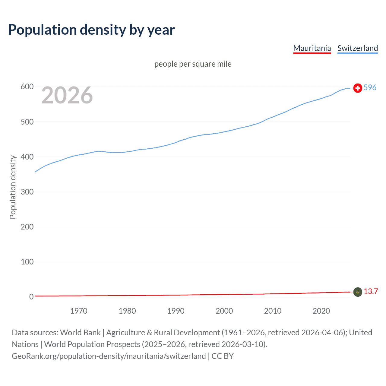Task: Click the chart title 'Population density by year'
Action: (x=91, y=30)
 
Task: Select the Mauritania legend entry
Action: (x=312, y=48)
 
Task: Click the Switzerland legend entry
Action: (x=357, y=48)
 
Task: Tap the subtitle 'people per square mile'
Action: (x=193, y=64)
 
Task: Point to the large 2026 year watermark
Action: (x=67, y=96)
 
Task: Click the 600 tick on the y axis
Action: (x=27, y=87)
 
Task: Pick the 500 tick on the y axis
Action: (x=27, y=122)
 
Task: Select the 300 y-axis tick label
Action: (x=27, y=192)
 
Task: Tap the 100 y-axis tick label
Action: (x=27, y=262)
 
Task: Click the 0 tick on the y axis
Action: (x=31, y=297)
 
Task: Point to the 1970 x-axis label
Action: (x=79, y=311)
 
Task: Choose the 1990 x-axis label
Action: (x=176, y=311)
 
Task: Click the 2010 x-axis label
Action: (x=273, y=311)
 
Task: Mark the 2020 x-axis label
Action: (x=321, y=311)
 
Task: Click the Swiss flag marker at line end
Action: (x=358, y=88)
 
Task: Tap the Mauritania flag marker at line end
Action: (x=358, y=292)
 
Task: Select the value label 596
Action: (x=370, y=87)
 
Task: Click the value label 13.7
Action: (x=371, y=291)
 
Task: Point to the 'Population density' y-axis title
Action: (x=13, y=187)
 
